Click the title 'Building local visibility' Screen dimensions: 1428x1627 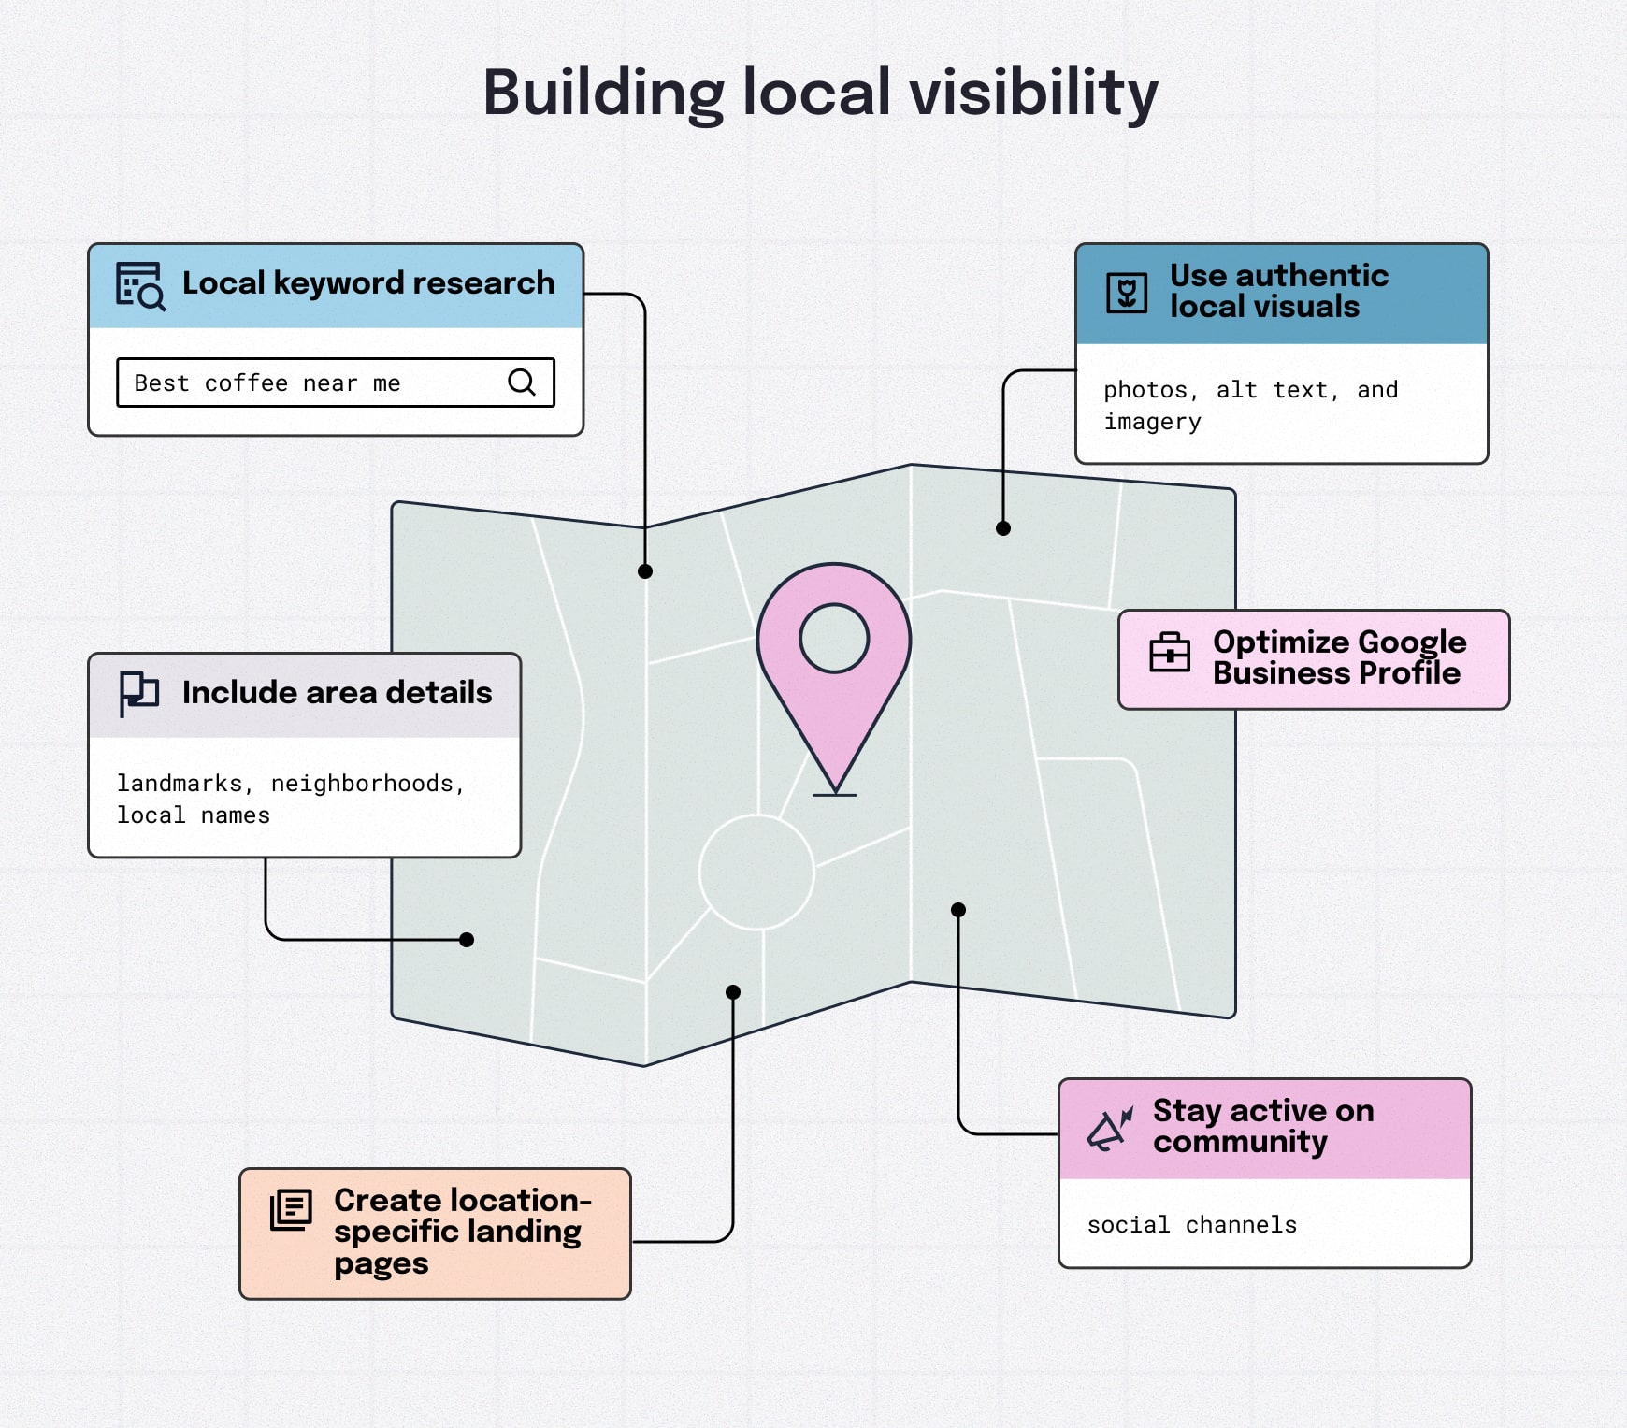(x=820, y=94)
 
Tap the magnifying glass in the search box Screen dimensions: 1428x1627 (x=521, y=382)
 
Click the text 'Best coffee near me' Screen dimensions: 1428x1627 (x=267, y=383)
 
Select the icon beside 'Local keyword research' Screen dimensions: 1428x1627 (x=140, y=285)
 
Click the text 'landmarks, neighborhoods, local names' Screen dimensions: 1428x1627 (x=290, y=799)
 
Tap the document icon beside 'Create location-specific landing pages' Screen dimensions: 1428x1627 (x=291, y=1210)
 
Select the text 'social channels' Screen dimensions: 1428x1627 (x=1191, y=1225)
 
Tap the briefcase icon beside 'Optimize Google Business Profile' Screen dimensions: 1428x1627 (x=1170, y=652)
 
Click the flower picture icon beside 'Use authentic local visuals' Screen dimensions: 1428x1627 (x=1127, y=293)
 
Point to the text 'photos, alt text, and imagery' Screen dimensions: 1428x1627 (x=1250, y=405)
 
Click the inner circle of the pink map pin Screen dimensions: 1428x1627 (x=834, y=639)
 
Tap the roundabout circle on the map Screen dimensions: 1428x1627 (x=756, y=872)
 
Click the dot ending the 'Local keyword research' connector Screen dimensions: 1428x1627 (x=645, y=571)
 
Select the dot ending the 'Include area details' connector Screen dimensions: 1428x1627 (x=467, y=940)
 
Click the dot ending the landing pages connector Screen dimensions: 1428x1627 (x=733, y=992)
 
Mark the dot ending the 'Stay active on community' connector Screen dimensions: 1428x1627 (x=958, y=910)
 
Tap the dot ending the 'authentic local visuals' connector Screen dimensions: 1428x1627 (x=1003, y=528)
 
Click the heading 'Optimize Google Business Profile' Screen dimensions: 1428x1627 (x=1338, y=657)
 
